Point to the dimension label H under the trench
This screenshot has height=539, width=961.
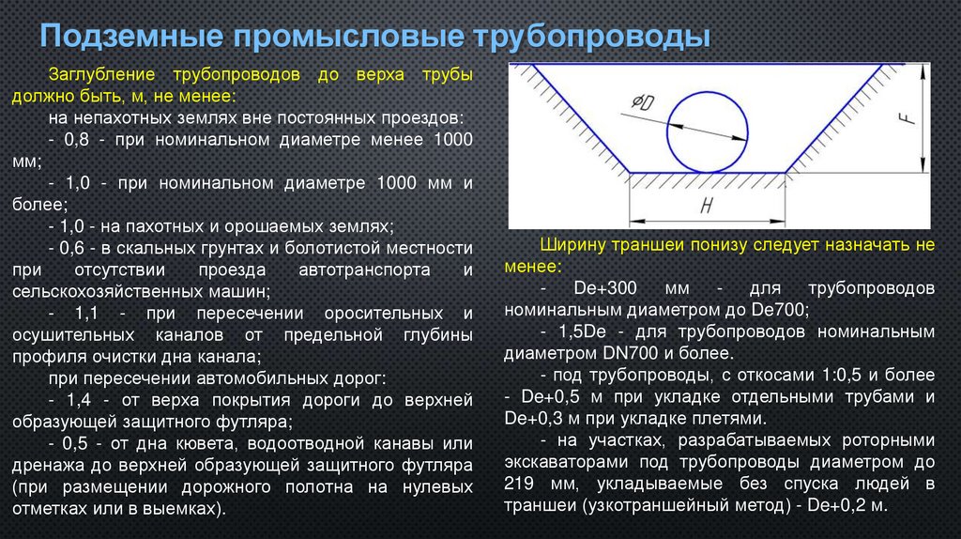pos(706,206)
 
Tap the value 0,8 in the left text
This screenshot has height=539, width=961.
pos(78,139)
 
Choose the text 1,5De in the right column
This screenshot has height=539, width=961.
pos(574,331)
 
